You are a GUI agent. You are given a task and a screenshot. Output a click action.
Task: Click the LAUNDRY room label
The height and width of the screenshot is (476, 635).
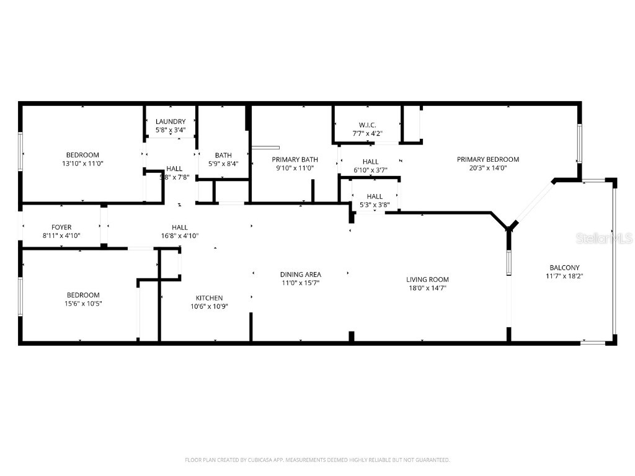tap(171, 121)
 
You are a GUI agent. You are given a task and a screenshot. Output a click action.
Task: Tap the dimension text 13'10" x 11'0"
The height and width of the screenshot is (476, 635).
tap(83, 164)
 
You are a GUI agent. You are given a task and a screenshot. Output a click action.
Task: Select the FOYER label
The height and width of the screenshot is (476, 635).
tap(61, 227)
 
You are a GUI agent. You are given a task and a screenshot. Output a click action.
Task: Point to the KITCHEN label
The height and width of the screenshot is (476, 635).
tap(209, 298)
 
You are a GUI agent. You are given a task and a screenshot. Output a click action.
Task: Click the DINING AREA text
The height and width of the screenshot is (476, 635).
tap(300, 275)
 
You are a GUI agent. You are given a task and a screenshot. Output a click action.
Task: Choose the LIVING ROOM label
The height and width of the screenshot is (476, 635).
tap(427, 280)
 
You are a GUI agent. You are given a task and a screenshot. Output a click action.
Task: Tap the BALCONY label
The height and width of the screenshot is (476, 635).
tap(563, 268)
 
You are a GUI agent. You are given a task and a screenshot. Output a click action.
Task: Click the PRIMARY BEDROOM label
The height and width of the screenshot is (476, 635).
tap(488, 159)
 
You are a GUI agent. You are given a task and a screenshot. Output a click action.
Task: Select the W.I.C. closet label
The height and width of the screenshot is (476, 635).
tap(367, 125)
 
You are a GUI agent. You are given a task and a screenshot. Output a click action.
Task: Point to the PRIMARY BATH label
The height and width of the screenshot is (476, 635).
tap(295, 159)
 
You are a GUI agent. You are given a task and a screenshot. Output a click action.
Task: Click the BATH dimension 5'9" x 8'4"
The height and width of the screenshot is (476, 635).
tap(223, 164)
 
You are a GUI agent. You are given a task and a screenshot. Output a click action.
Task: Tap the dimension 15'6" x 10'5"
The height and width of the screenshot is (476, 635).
tap(83, 304)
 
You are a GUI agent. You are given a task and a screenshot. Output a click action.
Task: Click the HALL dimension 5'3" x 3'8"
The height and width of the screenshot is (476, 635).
tap(375, 205)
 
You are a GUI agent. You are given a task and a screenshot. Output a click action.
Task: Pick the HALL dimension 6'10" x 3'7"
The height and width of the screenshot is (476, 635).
tap(371, 170)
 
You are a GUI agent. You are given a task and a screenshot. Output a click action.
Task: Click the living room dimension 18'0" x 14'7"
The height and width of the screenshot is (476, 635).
tap(427, 288)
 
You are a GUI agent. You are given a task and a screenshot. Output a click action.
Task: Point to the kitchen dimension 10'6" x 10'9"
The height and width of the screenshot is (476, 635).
tap(209, 306)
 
